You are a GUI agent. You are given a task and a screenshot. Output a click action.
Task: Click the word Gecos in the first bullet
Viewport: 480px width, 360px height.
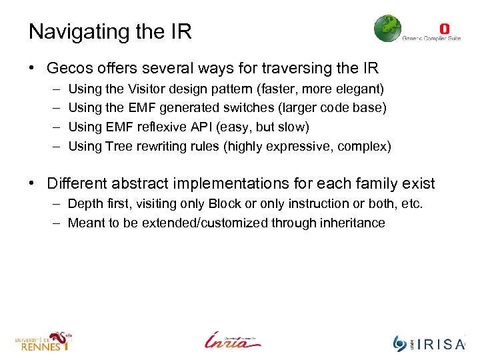[x=71, y=68]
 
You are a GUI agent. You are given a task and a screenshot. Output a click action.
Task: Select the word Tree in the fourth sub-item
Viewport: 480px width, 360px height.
[x=119, y=146]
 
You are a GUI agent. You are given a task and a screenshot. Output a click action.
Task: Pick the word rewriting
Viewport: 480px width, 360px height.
[x=162, y=146]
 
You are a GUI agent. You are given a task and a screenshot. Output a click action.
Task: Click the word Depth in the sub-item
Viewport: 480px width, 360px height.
[x=85, y=204]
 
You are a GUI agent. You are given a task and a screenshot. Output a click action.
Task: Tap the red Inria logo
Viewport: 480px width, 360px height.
[x=233, y=340]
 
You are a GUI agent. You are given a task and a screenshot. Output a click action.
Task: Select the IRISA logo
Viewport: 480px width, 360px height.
[x=429, y=343]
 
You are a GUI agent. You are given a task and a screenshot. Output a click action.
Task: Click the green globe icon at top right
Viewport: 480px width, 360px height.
[x=387, y=29]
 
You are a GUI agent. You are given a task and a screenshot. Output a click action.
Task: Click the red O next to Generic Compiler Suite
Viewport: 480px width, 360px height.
[x=445, y=29]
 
